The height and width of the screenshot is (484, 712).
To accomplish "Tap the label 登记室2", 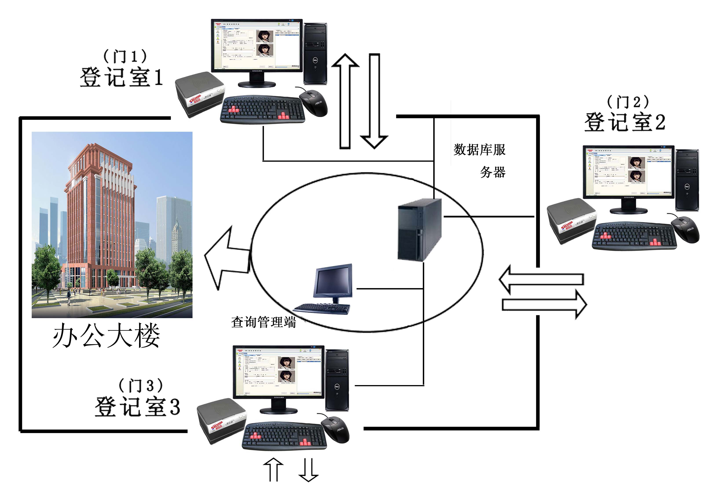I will [624, 122].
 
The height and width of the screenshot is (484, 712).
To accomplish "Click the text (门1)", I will [125, 56].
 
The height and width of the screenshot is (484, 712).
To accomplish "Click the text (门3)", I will [141, 386].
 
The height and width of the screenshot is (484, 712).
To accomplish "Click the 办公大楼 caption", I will [106, 335].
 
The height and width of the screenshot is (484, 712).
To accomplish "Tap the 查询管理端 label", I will [263, 322].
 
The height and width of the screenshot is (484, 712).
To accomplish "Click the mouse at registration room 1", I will [313, 103].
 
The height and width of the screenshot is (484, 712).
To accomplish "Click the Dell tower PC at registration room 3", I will [337, 380].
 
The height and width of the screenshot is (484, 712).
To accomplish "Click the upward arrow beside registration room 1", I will [345, 101].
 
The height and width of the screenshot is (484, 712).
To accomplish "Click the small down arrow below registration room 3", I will [308, 469].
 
